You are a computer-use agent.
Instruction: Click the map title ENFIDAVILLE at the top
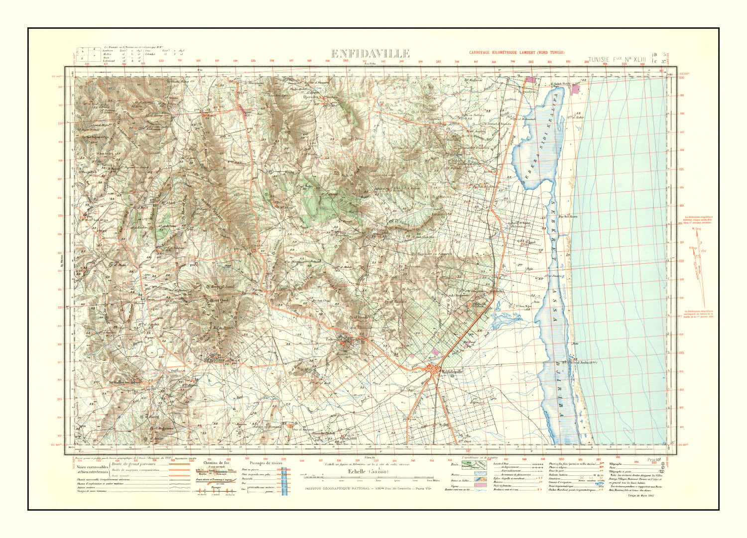(370, 54)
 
